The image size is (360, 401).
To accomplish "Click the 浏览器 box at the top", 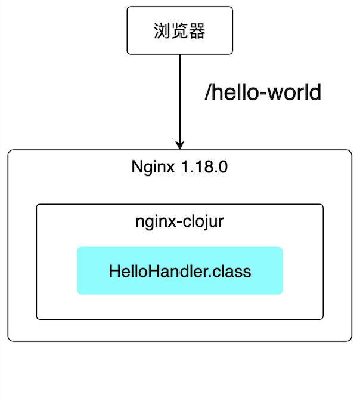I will click(179, 30).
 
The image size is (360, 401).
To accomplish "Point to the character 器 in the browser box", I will click(197, 31).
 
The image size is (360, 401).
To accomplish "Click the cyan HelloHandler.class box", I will click(179, 270).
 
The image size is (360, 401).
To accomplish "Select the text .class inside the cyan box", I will click(233, 271).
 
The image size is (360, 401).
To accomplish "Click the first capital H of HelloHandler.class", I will click(114, 271).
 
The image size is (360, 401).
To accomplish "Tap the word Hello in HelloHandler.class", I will click(128, 271).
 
